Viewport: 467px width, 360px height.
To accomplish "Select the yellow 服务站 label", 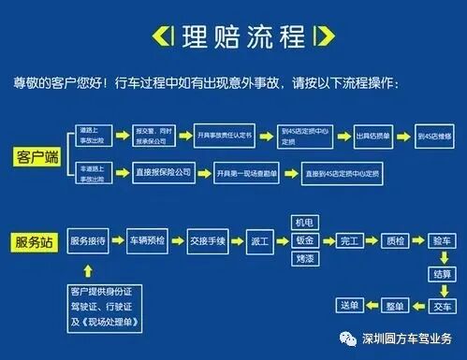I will click(x=35, y=241).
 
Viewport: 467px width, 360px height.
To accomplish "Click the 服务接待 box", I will click(x=95, y=241).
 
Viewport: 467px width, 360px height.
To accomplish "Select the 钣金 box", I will click(x=304, y=241).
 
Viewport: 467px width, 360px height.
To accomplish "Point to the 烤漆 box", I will click(x=304, y=259).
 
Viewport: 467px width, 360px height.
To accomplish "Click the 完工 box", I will click(x=351, y=241).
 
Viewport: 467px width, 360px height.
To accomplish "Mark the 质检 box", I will click(x=397, y=241).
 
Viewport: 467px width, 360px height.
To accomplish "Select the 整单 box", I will click(x=397, y=306).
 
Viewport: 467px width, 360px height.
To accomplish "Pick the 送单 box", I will click(x=351, y=306).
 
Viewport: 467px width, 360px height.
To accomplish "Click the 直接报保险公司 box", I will click(x=155, y=172).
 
